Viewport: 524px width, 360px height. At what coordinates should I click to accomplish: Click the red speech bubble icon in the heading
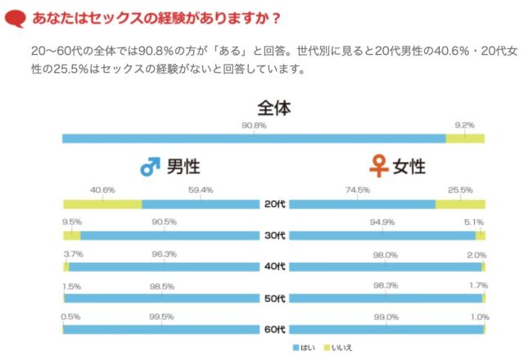pyautogui.click(x=16, y=16)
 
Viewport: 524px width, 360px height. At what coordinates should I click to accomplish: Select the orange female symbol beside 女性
pyautogui.click(x=378, y=167)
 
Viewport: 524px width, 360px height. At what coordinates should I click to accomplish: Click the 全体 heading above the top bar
pyautogui.click(x=274, y=108)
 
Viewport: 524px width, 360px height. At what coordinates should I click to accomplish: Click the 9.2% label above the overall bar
pyautogui.click(x=464, y=125)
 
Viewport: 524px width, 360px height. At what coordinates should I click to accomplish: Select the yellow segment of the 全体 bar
pyautogui.click(x=465, y=138)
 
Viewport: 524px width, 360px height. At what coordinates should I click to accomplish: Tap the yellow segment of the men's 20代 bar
pyautogui.click(x=102, y=204)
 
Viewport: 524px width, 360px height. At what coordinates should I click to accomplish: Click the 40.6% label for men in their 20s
pyautogui.click(x=102, y=190)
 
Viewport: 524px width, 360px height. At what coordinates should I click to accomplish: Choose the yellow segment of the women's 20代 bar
pyautogui.click(x=460, y=204)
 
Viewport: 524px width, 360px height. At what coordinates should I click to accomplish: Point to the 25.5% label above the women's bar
pyautogui.click(x=460, y=190)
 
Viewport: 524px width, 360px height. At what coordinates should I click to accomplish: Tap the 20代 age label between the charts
pyautogui.click(x=274, y=205)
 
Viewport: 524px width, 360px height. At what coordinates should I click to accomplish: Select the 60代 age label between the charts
pyautogui.click(x=274, y=330)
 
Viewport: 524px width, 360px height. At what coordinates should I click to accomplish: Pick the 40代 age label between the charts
pyautogui.click(x=274, y=268)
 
